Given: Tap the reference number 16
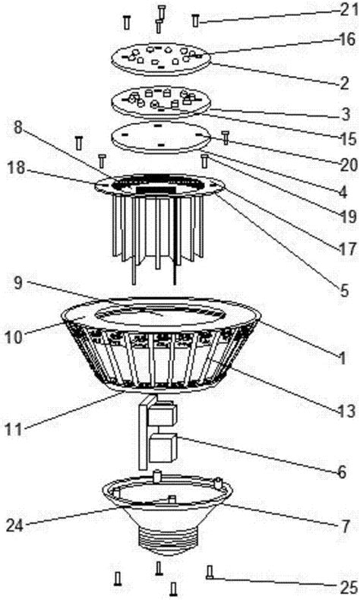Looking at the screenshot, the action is [x=347, y=39].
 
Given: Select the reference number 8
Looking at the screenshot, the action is [x=18, y=128].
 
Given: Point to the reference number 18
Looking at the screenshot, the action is [x=16, y=168].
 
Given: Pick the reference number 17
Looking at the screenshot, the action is [x=348, y=249].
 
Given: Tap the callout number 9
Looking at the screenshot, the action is [x=18, y=283].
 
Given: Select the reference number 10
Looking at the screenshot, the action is [x=14, y=337].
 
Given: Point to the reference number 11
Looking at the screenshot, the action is [x=13, y=429].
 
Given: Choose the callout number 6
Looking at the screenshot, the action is [x=342, y=472].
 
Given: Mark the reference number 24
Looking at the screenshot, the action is [x=14, y=526].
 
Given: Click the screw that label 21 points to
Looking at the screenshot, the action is [x=195, y=21].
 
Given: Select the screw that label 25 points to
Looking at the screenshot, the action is [x=210, y=572].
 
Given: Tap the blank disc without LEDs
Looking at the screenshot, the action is [x=161, y=137].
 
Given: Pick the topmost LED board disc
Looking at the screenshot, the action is [x=161, y=58].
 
